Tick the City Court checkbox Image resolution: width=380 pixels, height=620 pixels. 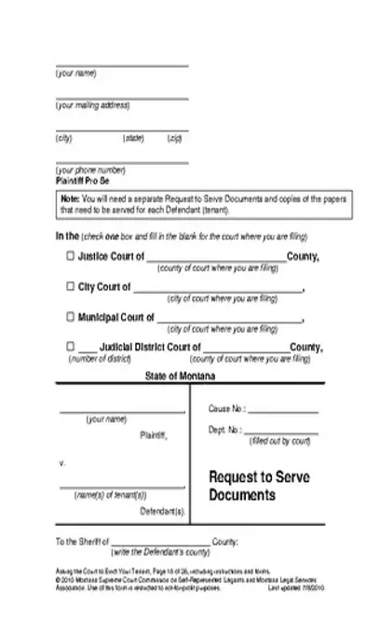[71, 287]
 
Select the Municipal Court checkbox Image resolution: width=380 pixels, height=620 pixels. [71, 317]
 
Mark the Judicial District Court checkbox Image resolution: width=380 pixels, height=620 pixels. [71, 347]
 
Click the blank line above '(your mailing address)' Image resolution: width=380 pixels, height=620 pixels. [122, 97]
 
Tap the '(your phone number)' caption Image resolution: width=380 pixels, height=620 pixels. [90, 170]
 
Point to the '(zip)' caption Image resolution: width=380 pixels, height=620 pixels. [174, 138]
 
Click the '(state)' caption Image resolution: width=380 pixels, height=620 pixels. [134, 138]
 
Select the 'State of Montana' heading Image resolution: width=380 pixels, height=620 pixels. [181, 376]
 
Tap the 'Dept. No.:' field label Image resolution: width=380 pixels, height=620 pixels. [225, 430]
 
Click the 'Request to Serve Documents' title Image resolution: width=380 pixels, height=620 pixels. [259, 486]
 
